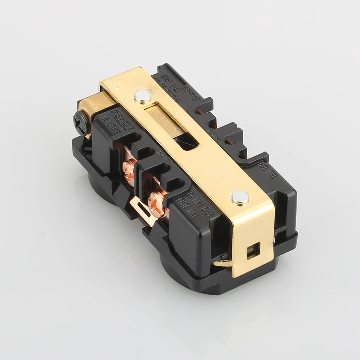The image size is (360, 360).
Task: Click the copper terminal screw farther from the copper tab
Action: click(130, 166)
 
